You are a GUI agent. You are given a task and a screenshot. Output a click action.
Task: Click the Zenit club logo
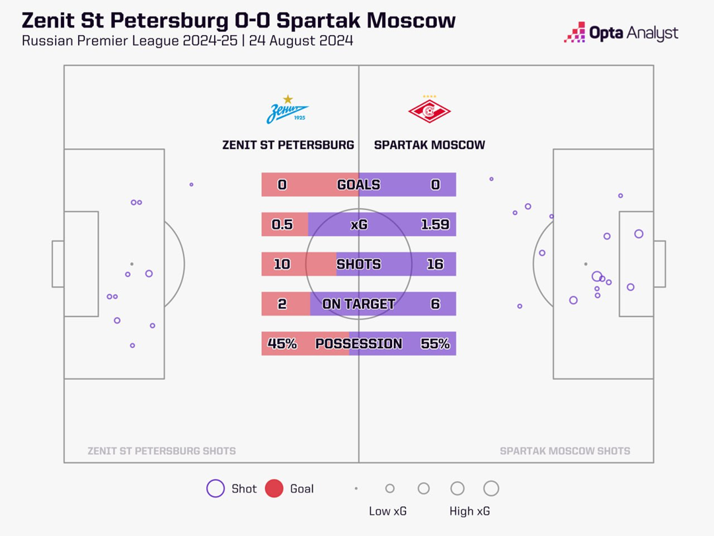[x=288, y=111]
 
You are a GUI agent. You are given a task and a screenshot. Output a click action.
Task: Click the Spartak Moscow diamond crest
[x=430, y=111]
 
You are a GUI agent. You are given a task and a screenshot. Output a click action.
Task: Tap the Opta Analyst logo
[x=621, y=32]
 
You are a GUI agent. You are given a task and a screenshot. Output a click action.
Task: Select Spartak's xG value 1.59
[x=434, y=224]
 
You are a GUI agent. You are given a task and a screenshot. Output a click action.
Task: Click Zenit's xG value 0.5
[x=282, y=224]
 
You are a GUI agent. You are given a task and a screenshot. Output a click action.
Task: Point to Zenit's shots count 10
[x=282, y=264]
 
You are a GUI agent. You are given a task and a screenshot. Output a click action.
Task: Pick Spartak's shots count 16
[x=435, y=264]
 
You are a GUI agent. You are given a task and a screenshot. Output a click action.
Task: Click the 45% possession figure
[x=282, y=343]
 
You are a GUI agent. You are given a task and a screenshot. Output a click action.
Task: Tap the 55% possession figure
[x=435, y=343]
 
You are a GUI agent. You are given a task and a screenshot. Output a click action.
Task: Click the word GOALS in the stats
[x=358, y=185]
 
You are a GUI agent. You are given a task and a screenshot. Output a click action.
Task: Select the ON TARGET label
[x=358, y=304]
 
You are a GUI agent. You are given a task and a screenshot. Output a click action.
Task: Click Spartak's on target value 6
[x=435, y=304]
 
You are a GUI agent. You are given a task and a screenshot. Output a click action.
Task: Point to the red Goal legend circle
[x=274, y=489]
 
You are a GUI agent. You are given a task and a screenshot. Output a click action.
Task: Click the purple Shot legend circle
[x=216, y=489]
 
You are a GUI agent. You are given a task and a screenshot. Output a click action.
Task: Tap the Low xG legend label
[x=387, y=512]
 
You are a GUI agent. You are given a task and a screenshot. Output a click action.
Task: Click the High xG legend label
[x=470, y=512]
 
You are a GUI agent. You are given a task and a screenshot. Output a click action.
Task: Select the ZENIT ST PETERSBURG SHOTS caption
[x=161, y=451]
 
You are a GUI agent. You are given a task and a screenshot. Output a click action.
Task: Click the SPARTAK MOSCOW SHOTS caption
[x=565, y=451]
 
